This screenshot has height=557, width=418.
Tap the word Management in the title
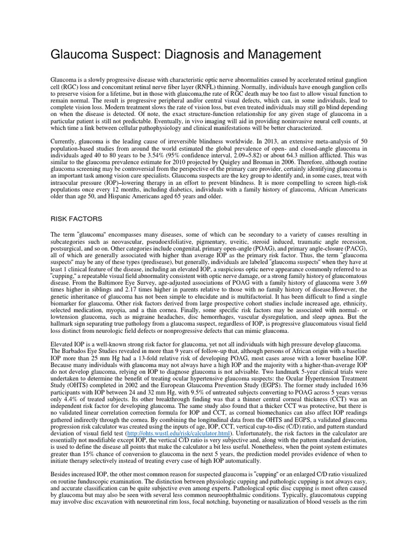click(276, 55)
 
